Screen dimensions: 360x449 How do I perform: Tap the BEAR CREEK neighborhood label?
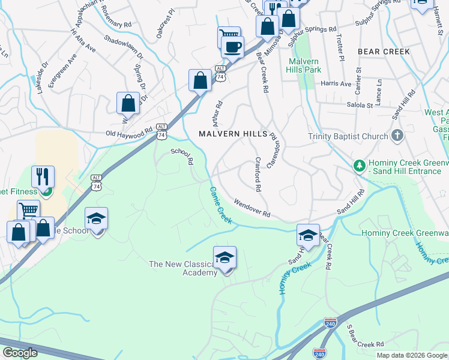(x=384, y=52)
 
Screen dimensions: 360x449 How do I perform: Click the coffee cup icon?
(x=232, y=46)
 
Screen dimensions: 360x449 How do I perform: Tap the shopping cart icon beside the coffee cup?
(x=228, y=36)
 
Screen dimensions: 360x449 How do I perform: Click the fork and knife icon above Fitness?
(x=43, y=176)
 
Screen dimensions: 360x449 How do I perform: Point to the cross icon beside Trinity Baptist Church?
(x=397, y=136)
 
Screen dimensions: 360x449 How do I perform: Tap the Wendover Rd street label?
(x=252, y=208)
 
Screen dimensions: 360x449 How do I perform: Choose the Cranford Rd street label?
(x=258, y=174)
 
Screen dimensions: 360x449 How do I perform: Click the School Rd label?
(x=182, y=157)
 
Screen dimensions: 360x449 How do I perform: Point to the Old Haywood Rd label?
(x=129, y=133)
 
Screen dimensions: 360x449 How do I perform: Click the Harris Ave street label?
(x=336, y=84)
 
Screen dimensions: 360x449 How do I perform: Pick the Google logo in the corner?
(x=20, y=353)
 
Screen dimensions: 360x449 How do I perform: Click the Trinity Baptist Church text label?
(x=348, y=136)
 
